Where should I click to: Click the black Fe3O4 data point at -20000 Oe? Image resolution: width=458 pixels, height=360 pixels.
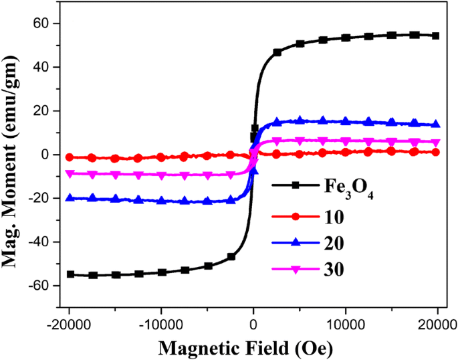(70, 274)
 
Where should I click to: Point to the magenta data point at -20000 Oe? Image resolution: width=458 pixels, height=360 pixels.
(70, 173)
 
